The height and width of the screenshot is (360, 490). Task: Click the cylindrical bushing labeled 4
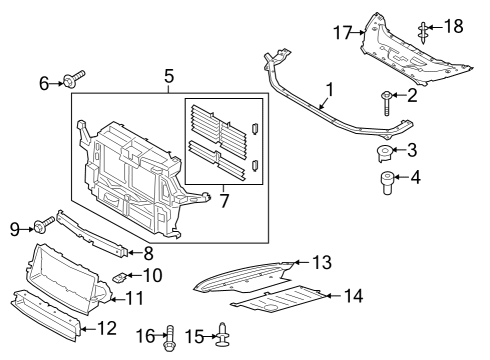385,185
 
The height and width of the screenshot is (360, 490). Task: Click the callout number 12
133,297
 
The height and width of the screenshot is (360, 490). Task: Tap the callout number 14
321,263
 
